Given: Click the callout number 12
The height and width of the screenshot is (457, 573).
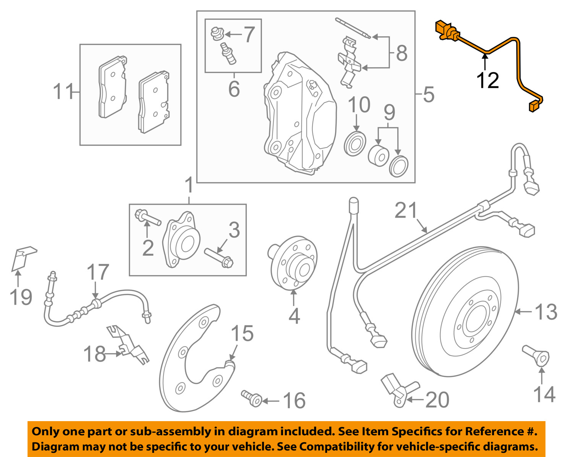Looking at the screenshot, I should point(487,81).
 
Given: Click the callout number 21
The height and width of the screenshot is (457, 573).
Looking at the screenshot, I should point(406,210).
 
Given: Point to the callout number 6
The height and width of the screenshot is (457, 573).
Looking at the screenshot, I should point(234,89).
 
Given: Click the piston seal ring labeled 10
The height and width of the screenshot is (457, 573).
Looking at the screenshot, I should point(355,144).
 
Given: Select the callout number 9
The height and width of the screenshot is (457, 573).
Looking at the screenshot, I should point(389,113).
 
